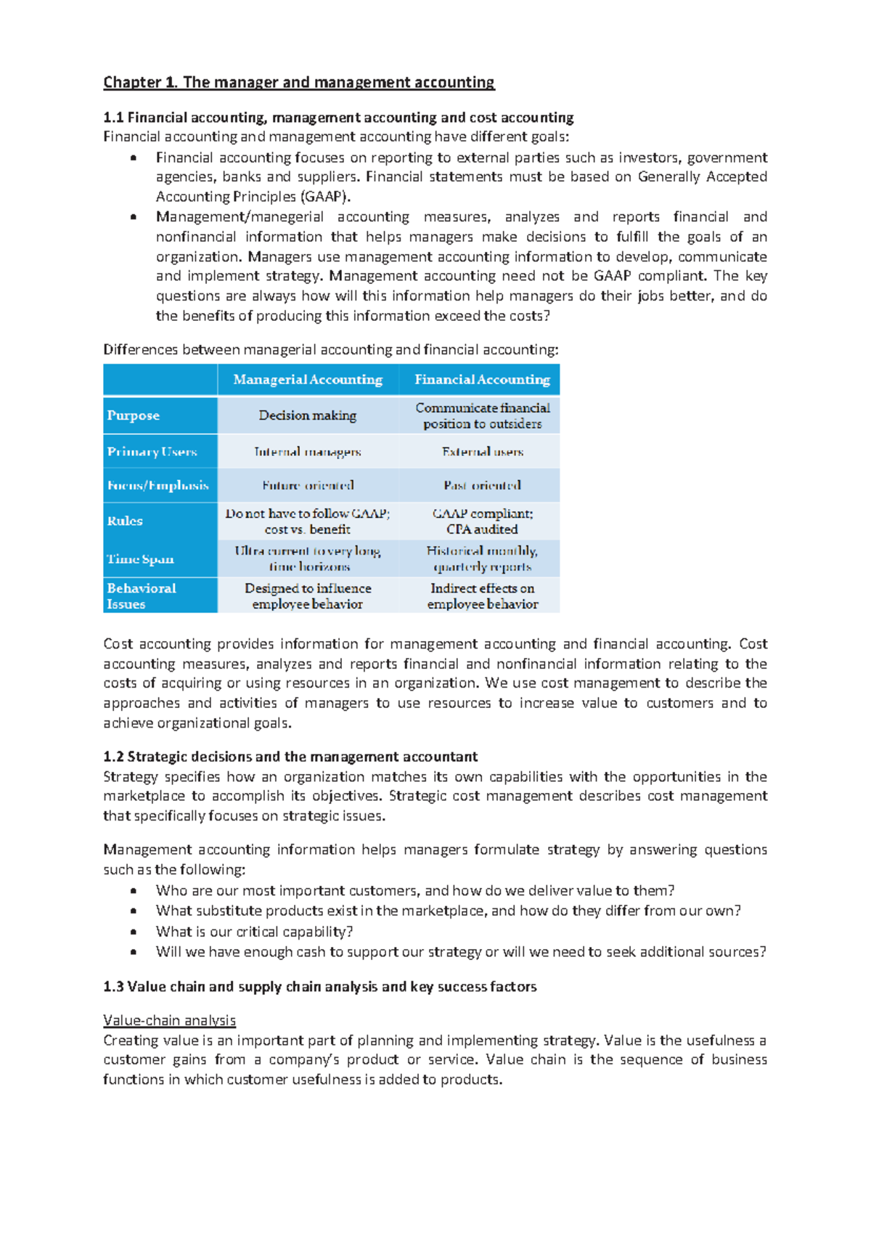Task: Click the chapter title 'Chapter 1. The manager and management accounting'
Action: pyautogui.click(x=298, y=82)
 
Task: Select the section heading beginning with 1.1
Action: pyautogui.click(x=338, y=118)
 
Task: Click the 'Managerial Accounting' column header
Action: pyautogui.click(x=308, y=380)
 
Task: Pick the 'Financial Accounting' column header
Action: pyautogui.click(x=482, y=380)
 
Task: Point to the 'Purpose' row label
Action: pyautogui.click(x=134, y=415)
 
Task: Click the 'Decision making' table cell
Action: pyautogui.click(x=308, y=415)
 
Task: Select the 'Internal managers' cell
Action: pyautogui.click(x=308, y=452)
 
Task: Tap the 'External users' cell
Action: pyautogui.click(x=482, y=452)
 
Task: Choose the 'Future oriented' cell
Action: pyautogui.click(x=308, y=485)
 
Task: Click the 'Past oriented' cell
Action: pyautogui.click(x=482, y=485)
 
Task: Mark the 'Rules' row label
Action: pyautogui.click(x=125, y=521)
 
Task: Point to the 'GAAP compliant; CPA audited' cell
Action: pyautogui.click(x=482, y=521)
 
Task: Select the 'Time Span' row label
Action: pyautogui.click(x=140, y=558)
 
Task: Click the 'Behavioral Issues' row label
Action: pyautogui.click(x=141, y=595)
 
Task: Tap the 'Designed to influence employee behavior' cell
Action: pyautogui.click(x=308, y=595)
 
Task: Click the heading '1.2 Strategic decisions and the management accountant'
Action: pyautogui.click(x=290, y=757)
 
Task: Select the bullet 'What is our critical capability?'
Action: pyautogui.click(x=254, y=932)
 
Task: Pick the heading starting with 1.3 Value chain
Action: pyautogui.click(x=319, y=987)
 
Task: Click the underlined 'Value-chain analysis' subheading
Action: pyautogui.click(x=169, y=1020)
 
